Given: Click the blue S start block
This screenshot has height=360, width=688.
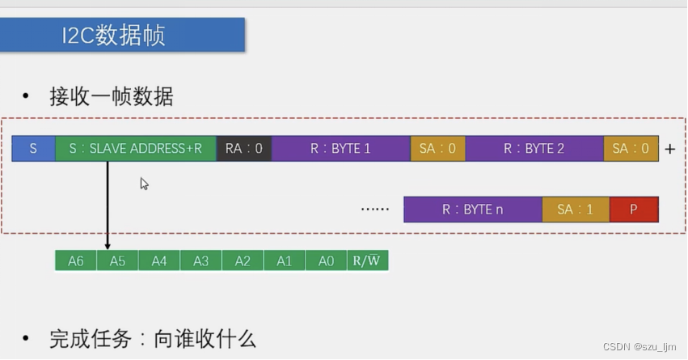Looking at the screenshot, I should tap(33, 149).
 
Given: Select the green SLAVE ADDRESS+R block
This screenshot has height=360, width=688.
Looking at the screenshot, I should tap(136, 149).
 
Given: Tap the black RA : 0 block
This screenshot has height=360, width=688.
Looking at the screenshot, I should tap(244, 149).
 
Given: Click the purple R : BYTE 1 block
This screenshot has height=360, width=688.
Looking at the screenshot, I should tap(340, 149).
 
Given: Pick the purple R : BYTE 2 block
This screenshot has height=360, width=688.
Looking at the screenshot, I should tap(534, 149).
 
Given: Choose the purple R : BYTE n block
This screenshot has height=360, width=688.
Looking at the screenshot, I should tap(472, 209).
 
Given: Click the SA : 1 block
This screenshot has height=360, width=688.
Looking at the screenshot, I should tap(575, 209).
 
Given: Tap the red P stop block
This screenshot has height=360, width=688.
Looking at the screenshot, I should tap(634, 209).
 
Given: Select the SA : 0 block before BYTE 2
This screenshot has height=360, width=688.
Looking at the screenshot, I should tap(437, 149).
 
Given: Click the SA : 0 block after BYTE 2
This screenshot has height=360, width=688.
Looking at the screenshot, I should tap(631, 149).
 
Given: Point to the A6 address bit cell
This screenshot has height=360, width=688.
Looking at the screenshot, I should tap(76, 260).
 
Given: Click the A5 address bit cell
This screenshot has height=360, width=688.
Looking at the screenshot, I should tap(117, 260).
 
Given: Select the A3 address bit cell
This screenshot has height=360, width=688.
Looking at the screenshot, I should tap(201, 260).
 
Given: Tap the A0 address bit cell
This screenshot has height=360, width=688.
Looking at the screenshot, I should tap(326, 260).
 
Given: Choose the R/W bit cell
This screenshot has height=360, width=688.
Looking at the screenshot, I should tap(368, 260).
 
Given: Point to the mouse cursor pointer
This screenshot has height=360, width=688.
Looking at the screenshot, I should tap(144, 184).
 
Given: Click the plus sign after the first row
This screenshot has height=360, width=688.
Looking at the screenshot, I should tap(669, 150).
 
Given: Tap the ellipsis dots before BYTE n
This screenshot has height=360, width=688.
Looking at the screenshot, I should tap(375, 210).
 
